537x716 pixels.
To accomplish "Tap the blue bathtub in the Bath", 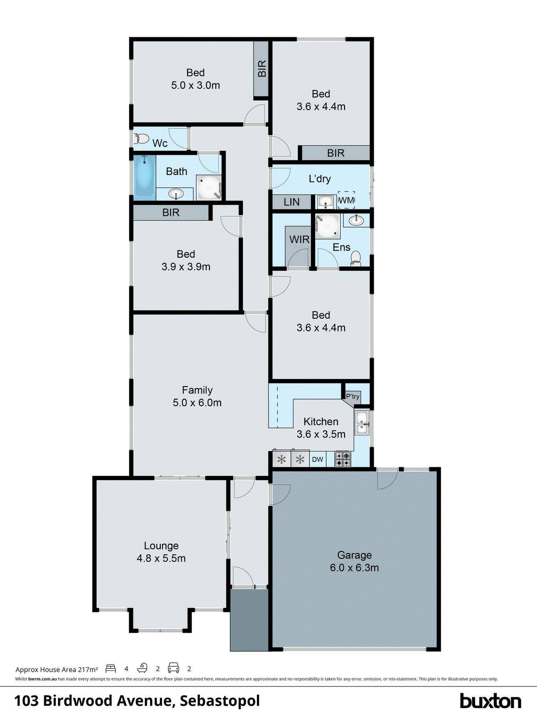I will pyautogui.click(x=145, y=178).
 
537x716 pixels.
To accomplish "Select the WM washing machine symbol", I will pyautogui.click(x=346, y=200).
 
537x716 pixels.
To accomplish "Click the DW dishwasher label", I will pyautogui.click(x=317, y=459).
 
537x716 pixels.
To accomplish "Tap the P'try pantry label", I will pyautogui.click(x=352, y=396).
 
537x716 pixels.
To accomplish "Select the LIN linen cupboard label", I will pyautogui.click(x=291, y=202).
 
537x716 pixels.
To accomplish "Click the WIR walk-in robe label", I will pyautogui.click(x=299, y=239).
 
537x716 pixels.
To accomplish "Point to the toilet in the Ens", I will pyautogui.click(x=356, y=258).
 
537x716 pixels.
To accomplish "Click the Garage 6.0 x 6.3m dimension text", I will pyautogui.click(x=354, y=568).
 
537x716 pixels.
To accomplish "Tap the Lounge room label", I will pyautogui.click(x=161, y=546).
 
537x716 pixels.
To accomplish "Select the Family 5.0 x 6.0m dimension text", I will pyautogui.click(x=197, y=403).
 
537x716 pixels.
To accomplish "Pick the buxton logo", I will pyautogui.click(x=490, y=700).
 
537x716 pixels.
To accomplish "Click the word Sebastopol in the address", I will pyautogui.click(x=220, y=700).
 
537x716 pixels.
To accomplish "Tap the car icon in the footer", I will pyautogui.click(x=174, y=669).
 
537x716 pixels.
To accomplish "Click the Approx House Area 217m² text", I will pyautogui.click(x=57, y=669).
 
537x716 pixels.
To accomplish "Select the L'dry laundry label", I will pyautogui.click(x=320, y=179).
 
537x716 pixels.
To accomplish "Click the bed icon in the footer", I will pyautogui.click(x=111, y=669).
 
